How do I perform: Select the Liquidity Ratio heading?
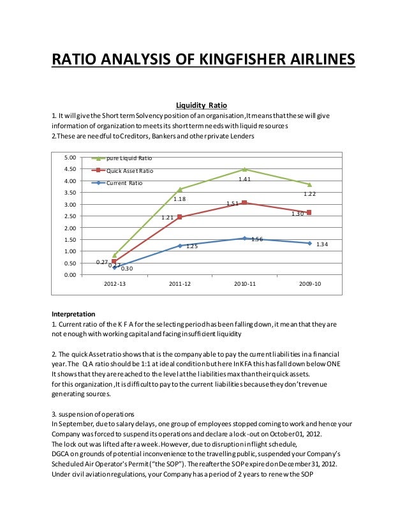tap(201, 105)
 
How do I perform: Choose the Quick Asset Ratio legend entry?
tap(129, 170)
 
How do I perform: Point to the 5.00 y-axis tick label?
tap(71, 158)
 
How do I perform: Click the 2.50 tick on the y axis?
tap(71, 216)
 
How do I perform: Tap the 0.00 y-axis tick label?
tap(71, 275)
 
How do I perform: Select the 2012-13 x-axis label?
tap(115, 284)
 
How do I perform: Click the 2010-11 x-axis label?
tap(245, 284)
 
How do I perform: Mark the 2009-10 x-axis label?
tap(309, 284)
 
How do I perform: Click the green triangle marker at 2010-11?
tap(245, 169)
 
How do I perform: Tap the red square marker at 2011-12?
tap(180, 217)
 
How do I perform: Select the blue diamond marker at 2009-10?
tap(309, 243)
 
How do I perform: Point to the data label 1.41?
tap(244, 180)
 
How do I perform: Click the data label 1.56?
tap(258, 239)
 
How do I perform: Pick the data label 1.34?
tap(322, 244)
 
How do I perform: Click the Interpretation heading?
tap(73, 314)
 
